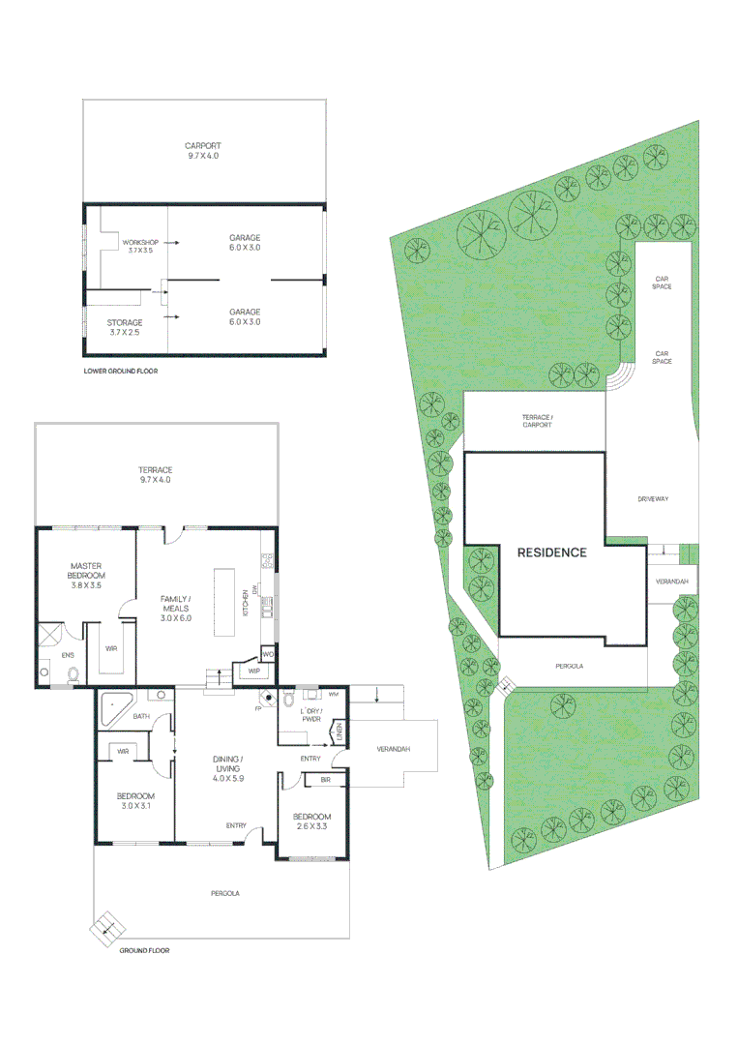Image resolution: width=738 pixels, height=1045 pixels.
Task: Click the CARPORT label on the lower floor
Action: click(203, 146)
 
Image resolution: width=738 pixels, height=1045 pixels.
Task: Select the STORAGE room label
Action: click(125, 322)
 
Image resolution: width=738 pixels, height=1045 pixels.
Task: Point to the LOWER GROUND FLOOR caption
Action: click(121, 371)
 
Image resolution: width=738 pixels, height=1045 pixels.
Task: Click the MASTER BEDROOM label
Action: click(86, 570)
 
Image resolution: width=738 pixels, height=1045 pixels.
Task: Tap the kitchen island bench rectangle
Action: click(224, 601)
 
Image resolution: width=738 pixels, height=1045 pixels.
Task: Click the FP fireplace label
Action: click(258, 709)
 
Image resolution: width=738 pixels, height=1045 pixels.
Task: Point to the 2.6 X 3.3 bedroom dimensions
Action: click(312, 827)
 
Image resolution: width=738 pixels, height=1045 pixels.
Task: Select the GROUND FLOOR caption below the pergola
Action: click(144, 950)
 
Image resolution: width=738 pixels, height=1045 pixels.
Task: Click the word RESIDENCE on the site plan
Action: click(551, 552)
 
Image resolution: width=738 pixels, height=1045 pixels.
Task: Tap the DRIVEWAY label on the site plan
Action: click(653, 499)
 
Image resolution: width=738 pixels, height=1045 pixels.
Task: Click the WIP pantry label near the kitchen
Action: click(254, 671)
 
